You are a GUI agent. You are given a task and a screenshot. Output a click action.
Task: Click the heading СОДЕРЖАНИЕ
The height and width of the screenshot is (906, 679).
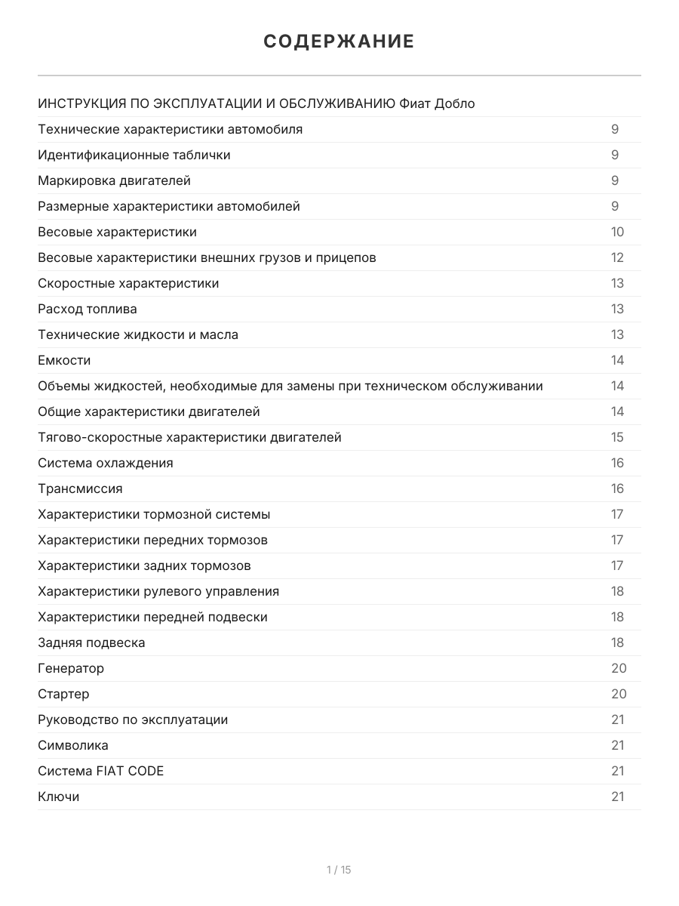pyautogui.click(x=339, y=42)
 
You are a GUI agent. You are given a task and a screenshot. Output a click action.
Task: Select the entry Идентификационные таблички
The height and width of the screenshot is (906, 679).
pyautogui.click(x=134, y=155)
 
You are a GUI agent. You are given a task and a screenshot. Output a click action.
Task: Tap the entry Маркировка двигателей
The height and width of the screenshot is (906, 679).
pyautogui.click(x=114, y=180)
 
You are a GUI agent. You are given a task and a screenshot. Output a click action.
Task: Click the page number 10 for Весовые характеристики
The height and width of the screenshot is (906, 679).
pyautogui.click(x=617, y=232)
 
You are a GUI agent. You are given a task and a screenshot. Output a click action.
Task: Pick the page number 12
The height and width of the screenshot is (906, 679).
pyautogui.click(x=617, y=257)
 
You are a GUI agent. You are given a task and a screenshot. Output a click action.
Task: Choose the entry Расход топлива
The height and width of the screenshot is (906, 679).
pyautogui.click(x=88, y=309)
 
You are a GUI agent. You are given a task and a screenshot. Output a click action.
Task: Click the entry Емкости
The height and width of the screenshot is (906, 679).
pyautogui.click(x=64, y=360)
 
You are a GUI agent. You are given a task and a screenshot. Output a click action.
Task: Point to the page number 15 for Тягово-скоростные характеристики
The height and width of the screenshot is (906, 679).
pyautogui.click(x=617, y=437)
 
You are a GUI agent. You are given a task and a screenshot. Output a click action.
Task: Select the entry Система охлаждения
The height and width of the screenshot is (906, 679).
pyautogui.click(x=106, y=463)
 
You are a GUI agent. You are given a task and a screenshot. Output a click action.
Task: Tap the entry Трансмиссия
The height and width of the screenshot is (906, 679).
pyautogui.click(x=80, y=488)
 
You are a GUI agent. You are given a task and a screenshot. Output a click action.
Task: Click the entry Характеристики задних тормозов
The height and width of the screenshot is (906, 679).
pyautogui.click(x=144, y=565)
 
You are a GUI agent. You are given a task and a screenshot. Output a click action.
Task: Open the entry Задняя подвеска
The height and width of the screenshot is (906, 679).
pyautogui.click(x=91, y=643)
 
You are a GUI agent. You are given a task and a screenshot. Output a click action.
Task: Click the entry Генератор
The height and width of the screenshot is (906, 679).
pyautogui.click(x=71, y=668)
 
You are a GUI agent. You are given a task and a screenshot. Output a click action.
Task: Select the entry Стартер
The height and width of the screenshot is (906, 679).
pyautogui.click(x=63, y=694)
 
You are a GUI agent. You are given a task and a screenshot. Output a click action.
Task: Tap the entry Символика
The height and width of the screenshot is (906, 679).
pyautogui.click(x=73, y=745)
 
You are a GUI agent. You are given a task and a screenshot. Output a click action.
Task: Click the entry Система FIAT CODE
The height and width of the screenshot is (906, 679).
pyautogui.click(x=100, y=771)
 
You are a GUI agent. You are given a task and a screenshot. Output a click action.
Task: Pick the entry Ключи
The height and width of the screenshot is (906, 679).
pyautogui.click(x=58, y=797)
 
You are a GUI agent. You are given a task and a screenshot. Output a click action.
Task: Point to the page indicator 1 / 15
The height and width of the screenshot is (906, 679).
pyautogui.click(x=339, y=870)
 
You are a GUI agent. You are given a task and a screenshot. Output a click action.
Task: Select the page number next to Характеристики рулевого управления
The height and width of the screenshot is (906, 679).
pyautogui.click(x=617, y=591)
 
